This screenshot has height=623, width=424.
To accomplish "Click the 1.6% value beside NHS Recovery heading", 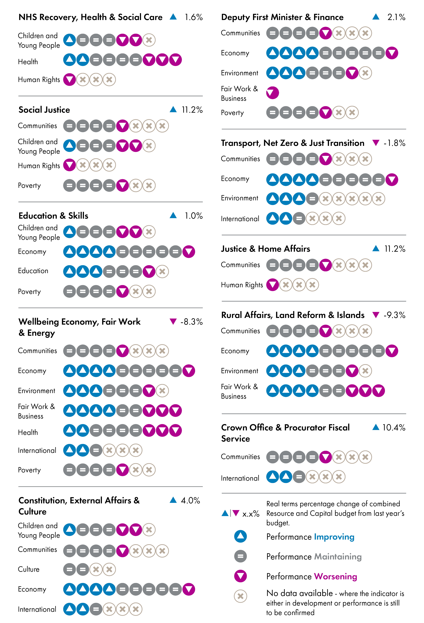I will (x=193, y=17).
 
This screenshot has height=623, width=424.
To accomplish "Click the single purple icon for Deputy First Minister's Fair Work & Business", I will (x=272, y=93).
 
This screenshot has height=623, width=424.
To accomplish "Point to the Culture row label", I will (x=29, y=569).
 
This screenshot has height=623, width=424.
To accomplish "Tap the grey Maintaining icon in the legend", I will (x=240, y=556).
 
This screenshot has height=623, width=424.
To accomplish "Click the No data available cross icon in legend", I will (x=240, y=596).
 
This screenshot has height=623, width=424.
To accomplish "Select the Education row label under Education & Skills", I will (x=33, y=271).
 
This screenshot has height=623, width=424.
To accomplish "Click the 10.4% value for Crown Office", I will (x=393, y=427).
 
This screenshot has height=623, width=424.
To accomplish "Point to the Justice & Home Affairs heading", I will (x=265, y=249).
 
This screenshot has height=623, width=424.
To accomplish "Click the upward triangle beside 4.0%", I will (x=173, y=500).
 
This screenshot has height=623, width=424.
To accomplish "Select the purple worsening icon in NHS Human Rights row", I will (x=69, y=80).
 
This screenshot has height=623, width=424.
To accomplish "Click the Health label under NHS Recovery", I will (x=28, y=62).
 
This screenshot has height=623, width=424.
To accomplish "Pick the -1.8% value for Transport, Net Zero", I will (x=394, y=143).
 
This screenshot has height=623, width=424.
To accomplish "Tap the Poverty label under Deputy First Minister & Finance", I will (x=232, y=113).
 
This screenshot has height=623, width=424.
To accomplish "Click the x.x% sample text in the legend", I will (x=251, y=514).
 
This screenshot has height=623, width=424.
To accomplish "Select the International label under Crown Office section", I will (x=240, y=478).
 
